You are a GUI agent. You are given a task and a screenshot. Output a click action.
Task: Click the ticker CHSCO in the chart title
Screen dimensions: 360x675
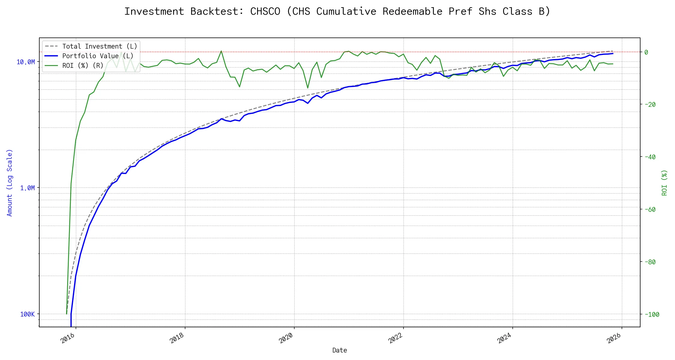(265, 11)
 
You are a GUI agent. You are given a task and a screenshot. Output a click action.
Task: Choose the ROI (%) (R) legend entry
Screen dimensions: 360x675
(82, 66)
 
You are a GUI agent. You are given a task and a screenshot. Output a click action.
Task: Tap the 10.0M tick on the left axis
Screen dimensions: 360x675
(25, 62)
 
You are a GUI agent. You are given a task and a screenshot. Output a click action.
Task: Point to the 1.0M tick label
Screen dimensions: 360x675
(27, 188)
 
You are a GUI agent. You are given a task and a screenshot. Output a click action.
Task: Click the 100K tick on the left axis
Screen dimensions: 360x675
(27, 314)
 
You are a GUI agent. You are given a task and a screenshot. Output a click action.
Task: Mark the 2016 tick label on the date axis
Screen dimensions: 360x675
(67, 339)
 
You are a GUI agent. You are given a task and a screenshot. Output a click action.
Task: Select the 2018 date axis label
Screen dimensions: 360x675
(177, 339)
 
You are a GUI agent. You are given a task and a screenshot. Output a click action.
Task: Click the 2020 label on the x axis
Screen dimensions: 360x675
(286, 339)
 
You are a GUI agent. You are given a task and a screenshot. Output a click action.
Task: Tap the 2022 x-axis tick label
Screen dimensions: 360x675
(395, 339)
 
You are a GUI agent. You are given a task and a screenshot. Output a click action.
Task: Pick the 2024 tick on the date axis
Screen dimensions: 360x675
(504, 339)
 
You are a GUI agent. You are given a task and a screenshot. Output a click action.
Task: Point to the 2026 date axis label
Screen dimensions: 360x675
(613, 339)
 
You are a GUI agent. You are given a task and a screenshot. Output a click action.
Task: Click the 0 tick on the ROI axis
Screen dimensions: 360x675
(646, 52)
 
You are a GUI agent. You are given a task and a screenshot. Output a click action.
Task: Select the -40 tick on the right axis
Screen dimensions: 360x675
(650, 157)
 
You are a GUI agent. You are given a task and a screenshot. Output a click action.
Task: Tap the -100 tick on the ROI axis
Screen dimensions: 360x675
(652, 314)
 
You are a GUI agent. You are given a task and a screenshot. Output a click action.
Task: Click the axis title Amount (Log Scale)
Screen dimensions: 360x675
(10, 183)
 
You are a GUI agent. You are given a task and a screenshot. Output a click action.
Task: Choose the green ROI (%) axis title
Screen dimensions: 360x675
(664, 183)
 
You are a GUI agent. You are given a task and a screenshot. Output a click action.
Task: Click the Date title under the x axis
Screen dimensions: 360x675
(340, 350)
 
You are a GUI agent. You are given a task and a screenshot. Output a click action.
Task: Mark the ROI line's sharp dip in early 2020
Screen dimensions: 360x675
(308, 88)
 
